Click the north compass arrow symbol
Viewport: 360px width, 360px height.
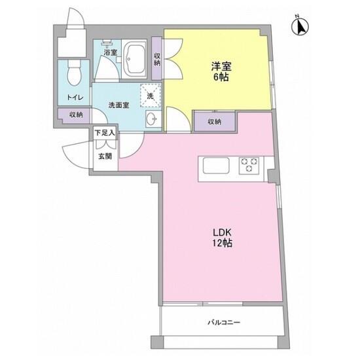click(x=300, y=26)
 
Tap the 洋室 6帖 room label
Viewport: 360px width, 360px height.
click(x=221, y=71)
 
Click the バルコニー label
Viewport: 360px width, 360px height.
click(x=224, y=322)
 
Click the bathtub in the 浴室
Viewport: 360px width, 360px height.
click(x=134, y=59)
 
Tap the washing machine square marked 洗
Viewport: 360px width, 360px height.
click(x=151, y=96)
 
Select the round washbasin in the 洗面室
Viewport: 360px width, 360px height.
click(x=152, y=118)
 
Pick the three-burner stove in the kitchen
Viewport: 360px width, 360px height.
click(x=249, y=166)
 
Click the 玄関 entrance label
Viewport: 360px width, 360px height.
click(x=105, y=156)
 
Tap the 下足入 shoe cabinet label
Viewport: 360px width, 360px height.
click(x=105, y=133)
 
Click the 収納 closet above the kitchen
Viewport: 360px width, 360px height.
click(x=215, y=122)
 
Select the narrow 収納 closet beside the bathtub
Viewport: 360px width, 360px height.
click(x=157, y=58)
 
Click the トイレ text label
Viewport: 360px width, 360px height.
click(x=75, y=98)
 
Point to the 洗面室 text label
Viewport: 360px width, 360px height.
click(x=118, y=105)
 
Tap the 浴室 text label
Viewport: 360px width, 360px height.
click(x=110, y=52)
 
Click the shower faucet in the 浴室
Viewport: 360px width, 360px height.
click(x=107, y=43)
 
